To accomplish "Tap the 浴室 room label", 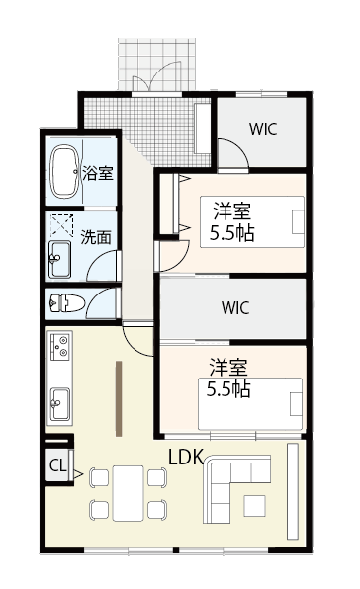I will [x=98, y=173].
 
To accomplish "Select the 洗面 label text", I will [x=96, y=237].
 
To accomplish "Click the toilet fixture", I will [x=62, y=301].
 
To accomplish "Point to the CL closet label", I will [x=56, y=464].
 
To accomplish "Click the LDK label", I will [x=187, y=458].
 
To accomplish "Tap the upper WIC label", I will [x=263, y=128].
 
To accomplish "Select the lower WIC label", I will [x=235, y=306].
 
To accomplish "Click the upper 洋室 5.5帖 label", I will [x=230, y=222].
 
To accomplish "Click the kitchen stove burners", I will [x=59, y=348].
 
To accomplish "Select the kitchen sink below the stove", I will [x=59, y=401].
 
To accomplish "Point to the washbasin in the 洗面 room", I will [x=57, y=260].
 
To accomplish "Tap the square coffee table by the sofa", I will [x=255, y=504].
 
